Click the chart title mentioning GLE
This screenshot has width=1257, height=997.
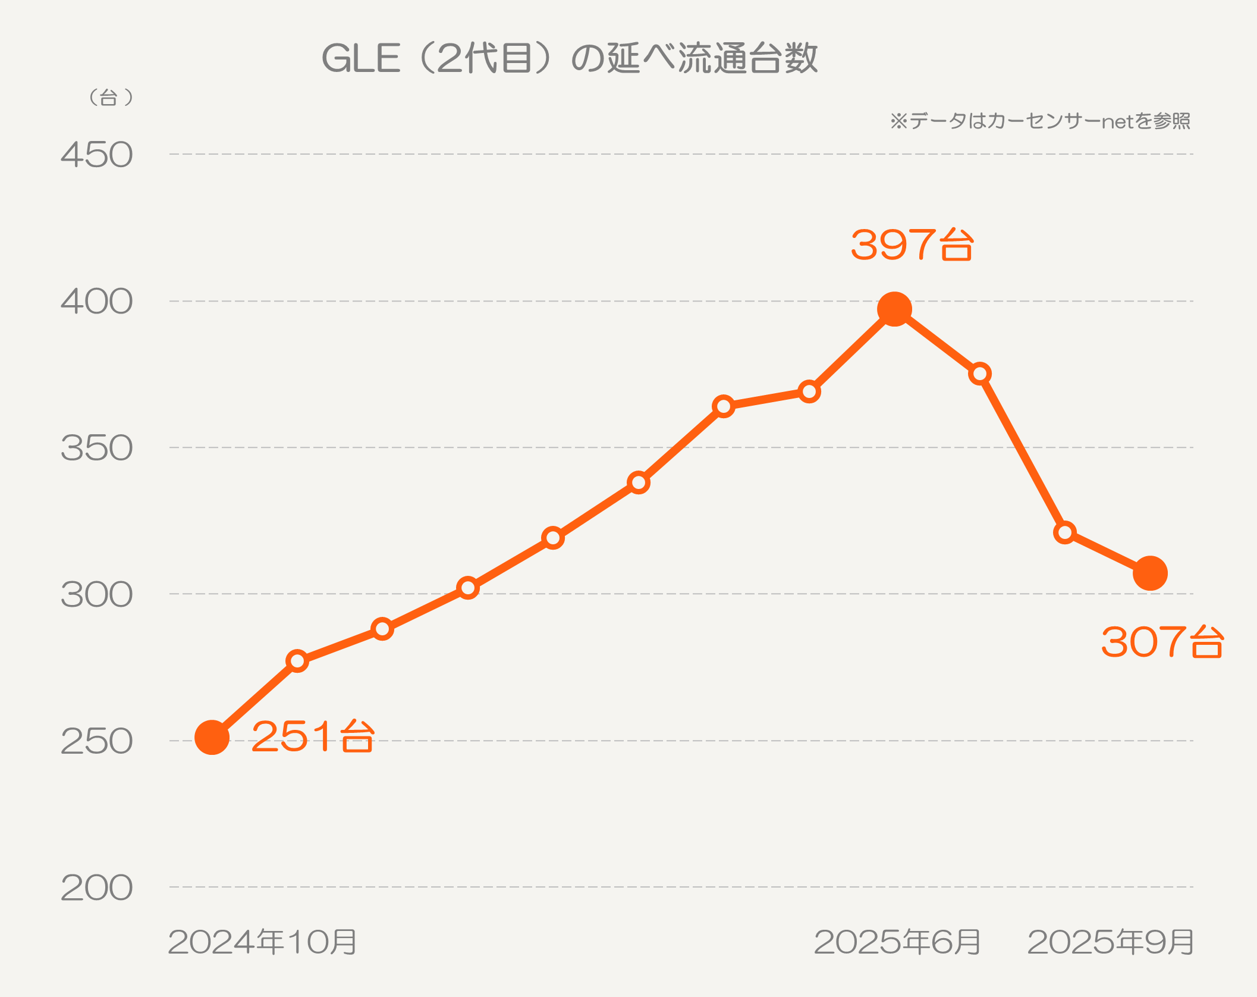click(570, 58)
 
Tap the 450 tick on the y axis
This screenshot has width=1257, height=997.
click(96, 155)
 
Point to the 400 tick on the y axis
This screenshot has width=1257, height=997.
click(96, 302)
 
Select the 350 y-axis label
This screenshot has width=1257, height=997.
click(96, 448)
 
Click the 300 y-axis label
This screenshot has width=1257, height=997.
click(96, 594)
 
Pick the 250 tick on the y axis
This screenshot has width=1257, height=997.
click(96, 741)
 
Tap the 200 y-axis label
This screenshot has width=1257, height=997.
click(96, 888)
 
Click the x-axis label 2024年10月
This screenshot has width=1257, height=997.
click(262, 942)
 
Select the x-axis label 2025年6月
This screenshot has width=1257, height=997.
click(897, 942)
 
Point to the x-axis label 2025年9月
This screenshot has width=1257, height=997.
click(1111, 942)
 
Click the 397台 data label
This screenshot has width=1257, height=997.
click(912, 244)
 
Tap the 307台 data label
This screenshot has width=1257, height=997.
click(1162, 642)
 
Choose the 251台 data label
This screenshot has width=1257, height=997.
click(313, 736)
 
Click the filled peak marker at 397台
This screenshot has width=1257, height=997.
click(894, 309)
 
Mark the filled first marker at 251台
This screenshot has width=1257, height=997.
click(212, 738)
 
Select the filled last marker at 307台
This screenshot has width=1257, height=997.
click(1150, 573)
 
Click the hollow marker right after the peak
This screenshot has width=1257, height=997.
click(980, 374)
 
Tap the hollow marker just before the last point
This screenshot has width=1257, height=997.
click(1065, 532)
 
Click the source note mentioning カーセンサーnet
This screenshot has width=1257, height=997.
click(1040, 121)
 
